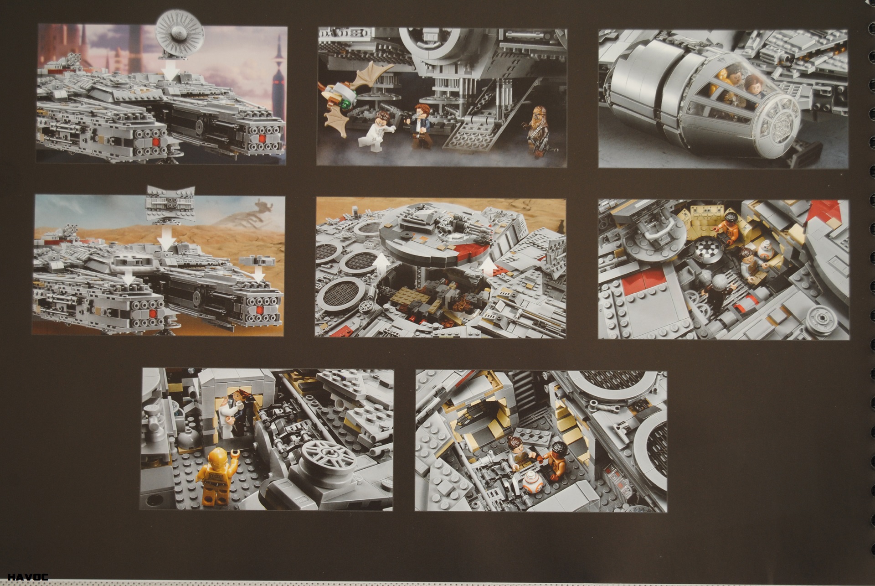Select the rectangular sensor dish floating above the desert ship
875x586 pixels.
[x=168, y=203]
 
